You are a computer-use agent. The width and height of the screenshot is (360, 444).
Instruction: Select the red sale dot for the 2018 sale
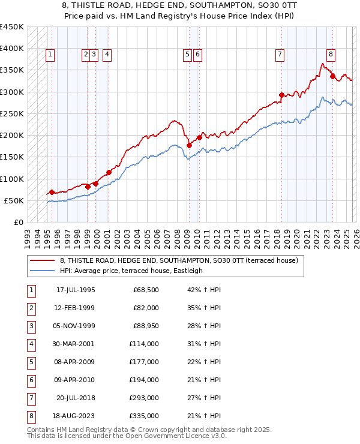(x=281, y=95)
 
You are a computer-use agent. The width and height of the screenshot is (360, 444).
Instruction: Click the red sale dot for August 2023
(x=332, y=76)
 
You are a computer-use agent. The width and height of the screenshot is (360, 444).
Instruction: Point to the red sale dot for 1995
(x=52, y=193)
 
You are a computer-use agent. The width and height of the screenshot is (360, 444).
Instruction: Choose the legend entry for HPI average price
(x=131, y=271)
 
